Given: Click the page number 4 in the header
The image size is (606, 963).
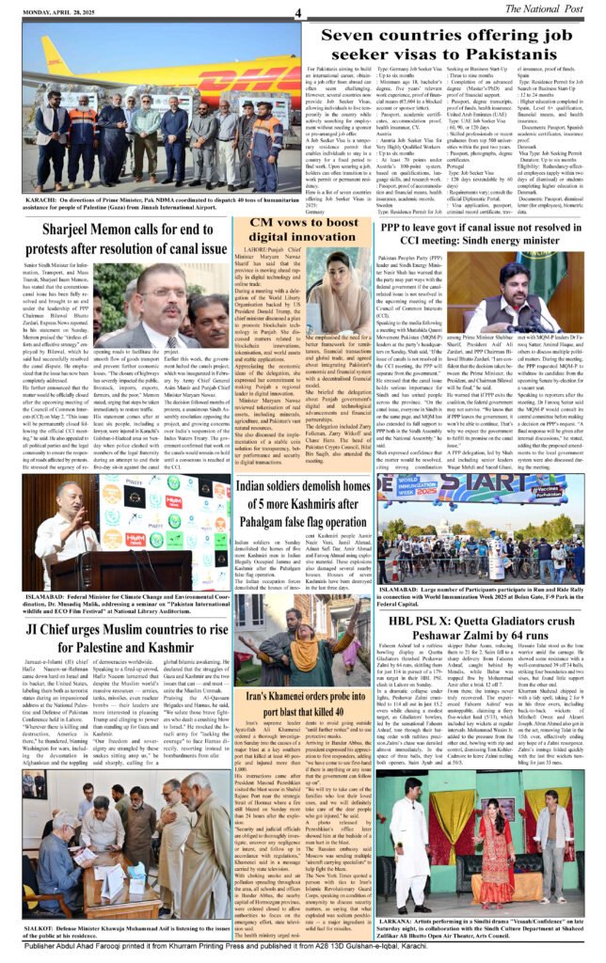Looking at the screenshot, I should pyautogui.click(x=296, y=12).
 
